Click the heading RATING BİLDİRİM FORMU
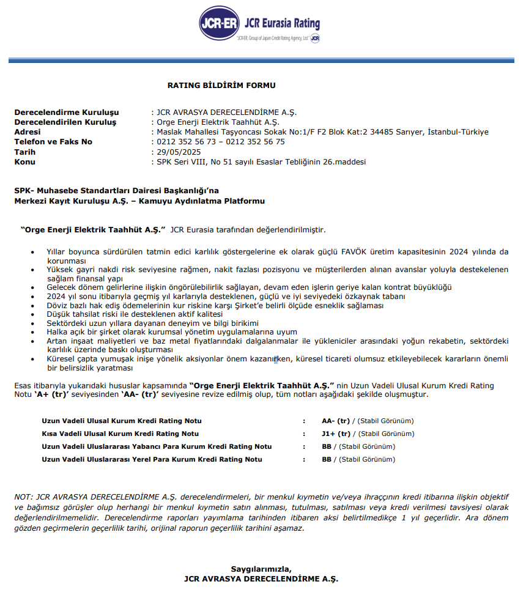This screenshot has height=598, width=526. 221,86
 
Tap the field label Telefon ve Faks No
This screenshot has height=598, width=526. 53,142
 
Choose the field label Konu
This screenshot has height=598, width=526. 24,161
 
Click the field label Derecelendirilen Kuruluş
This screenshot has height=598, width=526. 65,122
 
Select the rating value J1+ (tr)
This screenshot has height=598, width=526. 336,434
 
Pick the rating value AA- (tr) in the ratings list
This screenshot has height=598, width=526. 336,421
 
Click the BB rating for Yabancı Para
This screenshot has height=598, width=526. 326,447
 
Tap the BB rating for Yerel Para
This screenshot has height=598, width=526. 326,460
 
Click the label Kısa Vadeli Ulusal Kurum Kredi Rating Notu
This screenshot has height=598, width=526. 120,434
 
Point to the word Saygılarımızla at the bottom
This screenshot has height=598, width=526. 261,569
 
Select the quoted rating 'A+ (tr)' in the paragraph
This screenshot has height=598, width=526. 51,394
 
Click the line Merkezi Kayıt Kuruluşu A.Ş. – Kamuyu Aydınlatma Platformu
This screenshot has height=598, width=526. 139,201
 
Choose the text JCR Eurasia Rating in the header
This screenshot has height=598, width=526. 281,24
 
